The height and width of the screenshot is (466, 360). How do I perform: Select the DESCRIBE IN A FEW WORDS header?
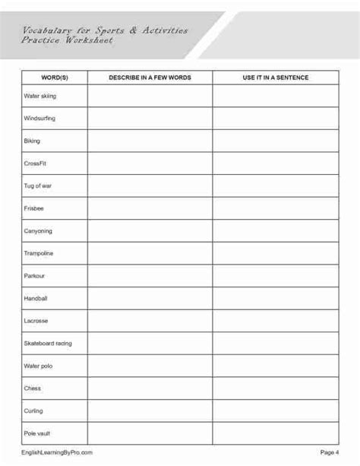(x=150, y=78)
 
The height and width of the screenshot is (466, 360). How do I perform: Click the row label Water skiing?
(x=40, y=97)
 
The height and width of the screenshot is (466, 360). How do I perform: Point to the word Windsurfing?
(x=40, y=119)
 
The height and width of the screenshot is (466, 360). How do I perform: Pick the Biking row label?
(x=32, y=141)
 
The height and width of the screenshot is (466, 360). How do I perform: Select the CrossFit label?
(x=35, y=163)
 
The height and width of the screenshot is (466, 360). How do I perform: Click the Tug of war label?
(x=38, y=186)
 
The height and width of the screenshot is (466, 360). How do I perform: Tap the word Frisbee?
(x=34, y=208)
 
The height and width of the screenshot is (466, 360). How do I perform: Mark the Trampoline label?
(x=39, y=253)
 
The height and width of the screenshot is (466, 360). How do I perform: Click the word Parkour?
(x=35, y=276)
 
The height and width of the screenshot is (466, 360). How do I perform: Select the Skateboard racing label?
(x=48, y=344)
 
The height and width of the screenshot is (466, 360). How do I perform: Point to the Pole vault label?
(x=38, y=433)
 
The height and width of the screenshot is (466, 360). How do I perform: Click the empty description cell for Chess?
(x=150, y=388)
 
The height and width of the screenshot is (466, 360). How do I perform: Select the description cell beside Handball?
(x=150, y=299)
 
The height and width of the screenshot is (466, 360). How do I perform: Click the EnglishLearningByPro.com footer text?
(x=58, y=452)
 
